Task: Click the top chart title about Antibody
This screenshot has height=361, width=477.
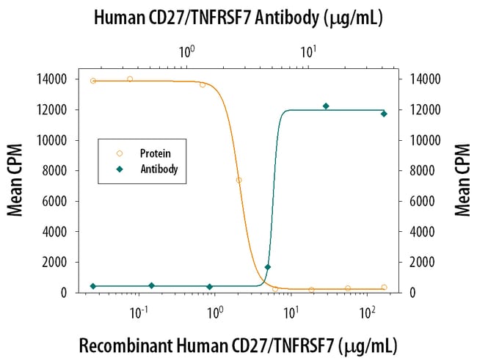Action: tap(238, 18)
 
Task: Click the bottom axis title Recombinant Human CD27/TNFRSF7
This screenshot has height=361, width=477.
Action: tap(238, 344)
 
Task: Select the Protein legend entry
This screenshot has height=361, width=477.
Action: tap(155, 153)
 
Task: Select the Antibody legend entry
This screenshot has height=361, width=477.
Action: tap(159, 169)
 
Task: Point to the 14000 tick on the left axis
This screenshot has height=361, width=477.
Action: tap(54, 79)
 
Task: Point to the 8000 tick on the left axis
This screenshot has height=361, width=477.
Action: tap(57, 171)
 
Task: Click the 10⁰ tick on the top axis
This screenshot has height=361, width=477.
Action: tap(186, 52)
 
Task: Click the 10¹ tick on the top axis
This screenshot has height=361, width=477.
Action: tap(308, 52)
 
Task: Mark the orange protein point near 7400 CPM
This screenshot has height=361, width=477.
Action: tap(239, 180)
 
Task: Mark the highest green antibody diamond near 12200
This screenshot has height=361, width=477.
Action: tap(326, 106)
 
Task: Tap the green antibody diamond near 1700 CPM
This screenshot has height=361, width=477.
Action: tap(268, 267)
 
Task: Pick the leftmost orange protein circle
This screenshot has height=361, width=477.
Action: tap(93, 81)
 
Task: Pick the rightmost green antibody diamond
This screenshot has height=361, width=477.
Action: tap(384, 114)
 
